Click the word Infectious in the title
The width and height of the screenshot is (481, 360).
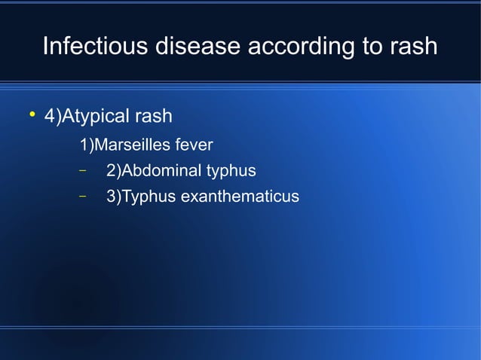(95, 46)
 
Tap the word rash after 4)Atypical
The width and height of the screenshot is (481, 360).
(152, 117)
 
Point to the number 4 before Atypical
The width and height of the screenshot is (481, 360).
(51, 117)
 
